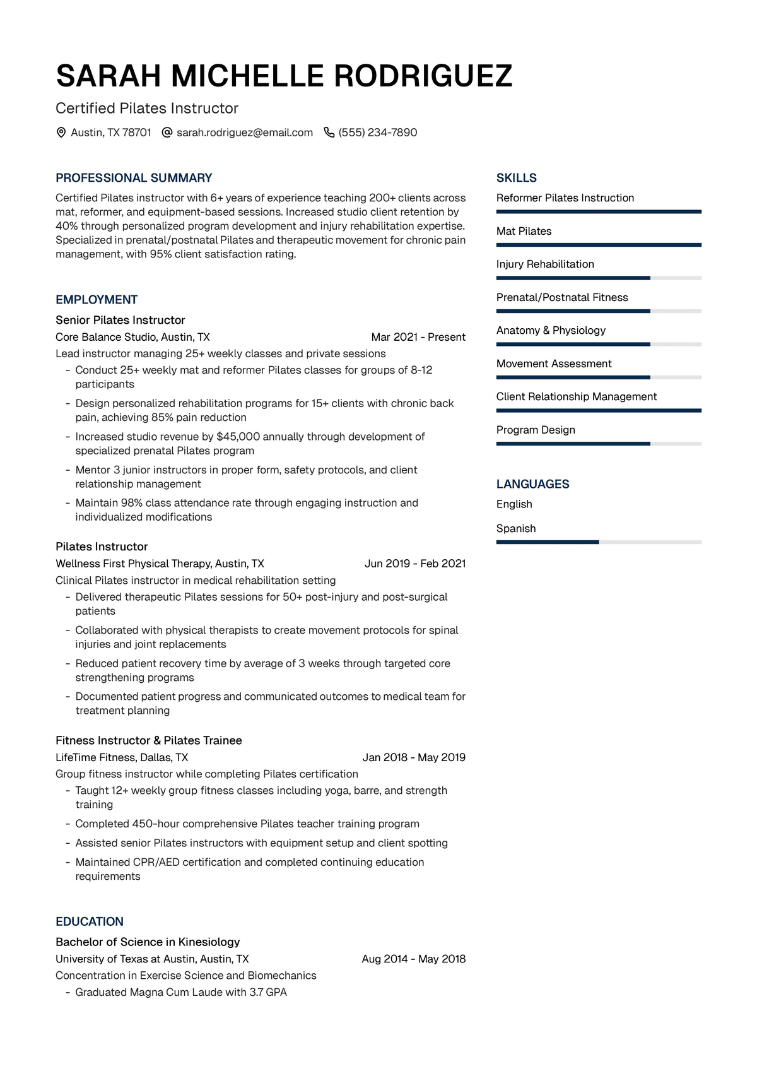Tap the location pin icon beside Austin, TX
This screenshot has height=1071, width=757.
(x=61, y=133)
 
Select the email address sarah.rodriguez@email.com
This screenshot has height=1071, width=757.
(x=244, y=133)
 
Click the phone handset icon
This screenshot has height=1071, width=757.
(x=329, y=133)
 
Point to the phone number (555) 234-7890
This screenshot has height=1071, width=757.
(x=377, y=133)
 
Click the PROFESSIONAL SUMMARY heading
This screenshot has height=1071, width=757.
(x=134, y=178)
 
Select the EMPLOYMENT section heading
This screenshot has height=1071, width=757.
(x=97, y=300)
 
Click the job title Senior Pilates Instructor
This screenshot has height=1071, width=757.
(x=120, y=320)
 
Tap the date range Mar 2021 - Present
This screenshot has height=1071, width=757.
(x=418, y=337)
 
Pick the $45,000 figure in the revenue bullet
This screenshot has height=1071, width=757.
(x=238, y=437)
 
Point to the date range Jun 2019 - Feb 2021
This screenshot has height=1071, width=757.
(x=415, y=564)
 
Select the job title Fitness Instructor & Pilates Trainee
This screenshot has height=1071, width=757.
(x=149, y=740)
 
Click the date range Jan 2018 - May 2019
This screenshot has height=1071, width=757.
(x=414, y=757)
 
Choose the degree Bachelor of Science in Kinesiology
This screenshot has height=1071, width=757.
(x=148, y=942)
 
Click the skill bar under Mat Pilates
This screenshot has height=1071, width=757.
(x=599, y=245)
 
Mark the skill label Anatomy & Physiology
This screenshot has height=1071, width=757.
(x=551, y=330)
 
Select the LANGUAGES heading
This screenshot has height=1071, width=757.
(x=532, y=484)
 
